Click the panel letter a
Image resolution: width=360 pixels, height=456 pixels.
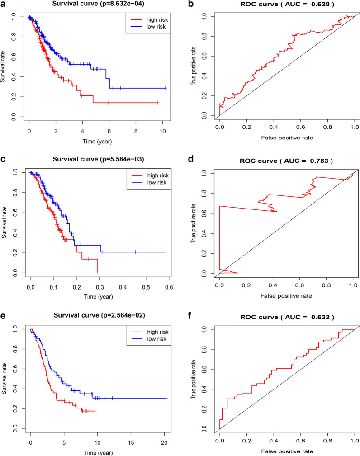(x=3, y=5)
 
